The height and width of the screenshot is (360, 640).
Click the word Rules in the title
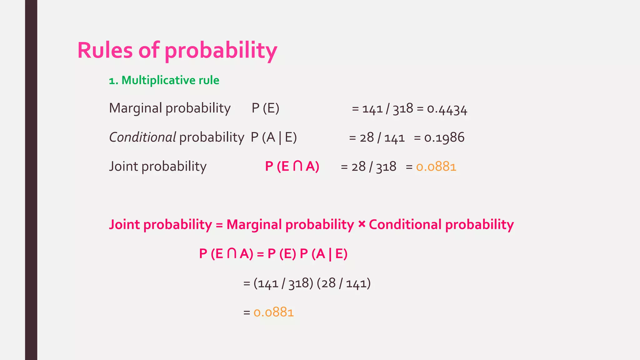(x=105, y=50)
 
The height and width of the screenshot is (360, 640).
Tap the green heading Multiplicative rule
(x=170, y=80)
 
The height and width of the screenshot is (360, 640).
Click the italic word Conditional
(x=142, y=137)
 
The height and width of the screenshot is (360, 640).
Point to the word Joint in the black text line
(x=123, y=167)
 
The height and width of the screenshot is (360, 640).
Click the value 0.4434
(x=447, y=109)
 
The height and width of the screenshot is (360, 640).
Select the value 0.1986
(x=444, y=138)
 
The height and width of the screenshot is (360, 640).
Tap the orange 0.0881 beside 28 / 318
(x=436, y=167)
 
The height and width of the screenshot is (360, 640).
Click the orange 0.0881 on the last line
(x=273, y=312)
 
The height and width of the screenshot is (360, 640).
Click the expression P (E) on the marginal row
(x=265, y=108)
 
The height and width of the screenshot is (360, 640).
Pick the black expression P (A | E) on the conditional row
(x=274, y=137)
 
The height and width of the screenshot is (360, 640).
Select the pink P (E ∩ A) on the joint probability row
(x=292, y=167)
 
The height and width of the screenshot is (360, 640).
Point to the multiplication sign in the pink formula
(x=362, y=224)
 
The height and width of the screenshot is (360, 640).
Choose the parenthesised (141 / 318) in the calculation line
(x=283, y=283)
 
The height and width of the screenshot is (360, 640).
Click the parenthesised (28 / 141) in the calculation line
(x=344, y=283)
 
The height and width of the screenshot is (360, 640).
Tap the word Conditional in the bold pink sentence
(x=405, y=225)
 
